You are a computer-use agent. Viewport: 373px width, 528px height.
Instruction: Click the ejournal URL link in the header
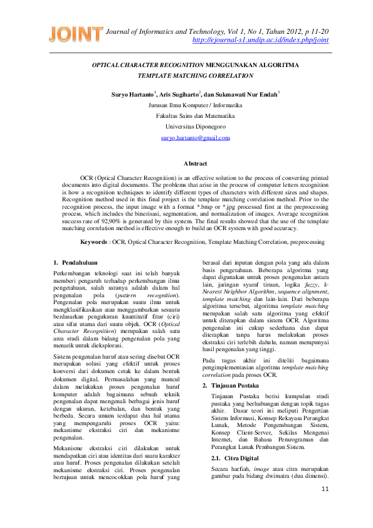click(260, 40)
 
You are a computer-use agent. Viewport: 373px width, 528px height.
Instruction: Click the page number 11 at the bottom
click(324, 506)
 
